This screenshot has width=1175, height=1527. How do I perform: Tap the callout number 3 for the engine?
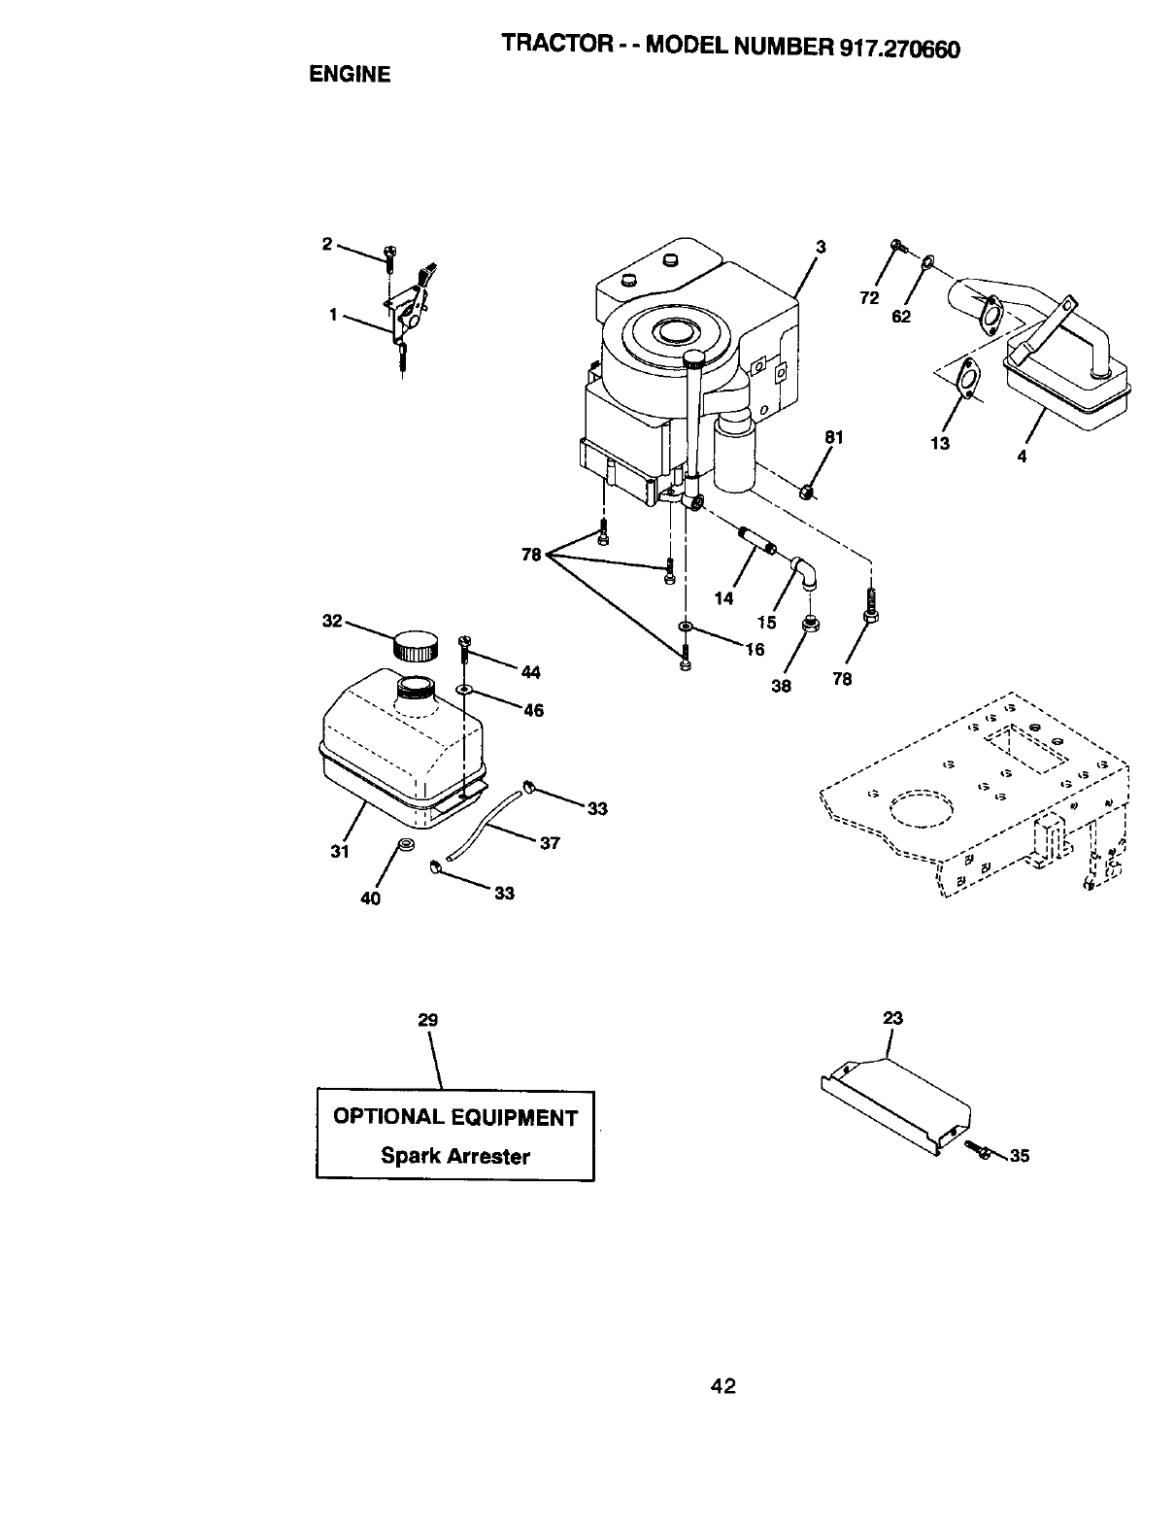pyautogui.click(x=820, y=248)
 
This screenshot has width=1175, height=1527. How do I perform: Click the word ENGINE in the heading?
pyautogui.click(x=350, y=75)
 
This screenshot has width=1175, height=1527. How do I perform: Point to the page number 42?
pyautogui.click(x=722, y=1386)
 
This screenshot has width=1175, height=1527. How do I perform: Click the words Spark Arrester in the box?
pyautogui.click(x=455, y=1156)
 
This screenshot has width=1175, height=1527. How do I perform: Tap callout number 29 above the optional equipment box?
pyautogui.click(x=427, y=1020)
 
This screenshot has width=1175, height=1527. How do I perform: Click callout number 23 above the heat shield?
pyautogui.click(x=892, y=1018)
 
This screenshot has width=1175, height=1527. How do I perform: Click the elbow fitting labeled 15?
pyautogui.click(x=806, y=572)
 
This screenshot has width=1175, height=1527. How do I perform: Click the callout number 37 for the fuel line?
pyautogui.click(x=550, y=843)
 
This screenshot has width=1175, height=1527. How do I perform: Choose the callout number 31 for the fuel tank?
pyautogui.click(x=339, y=851)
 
